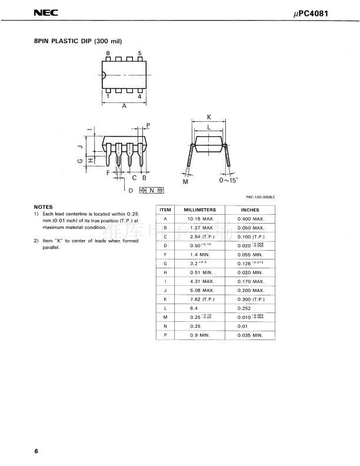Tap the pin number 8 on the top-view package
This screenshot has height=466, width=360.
[x=108, y=54]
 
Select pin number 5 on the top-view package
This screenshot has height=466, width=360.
[x=139, y=54]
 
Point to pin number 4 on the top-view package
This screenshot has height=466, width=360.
[x=139, y=95]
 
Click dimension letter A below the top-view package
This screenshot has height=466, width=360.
[x=124, y=107]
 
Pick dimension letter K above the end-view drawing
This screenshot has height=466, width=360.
[x=209, y=118]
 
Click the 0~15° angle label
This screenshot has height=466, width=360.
[x=228, y=181]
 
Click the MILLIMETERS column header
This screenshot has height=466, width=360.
[x=200, y=210]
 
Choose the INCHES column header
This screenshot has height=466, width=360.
[x=250, y=210]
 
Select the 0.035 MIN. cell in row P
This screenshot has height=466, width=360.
[x=251, y=335]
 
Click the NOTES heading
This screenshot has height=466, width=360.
[x=43, y=207]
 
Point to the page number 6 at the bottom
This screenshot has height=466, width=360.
[x=36, y=451]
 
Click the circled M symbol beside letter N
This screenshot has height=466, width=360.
[x=159, y=190]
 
